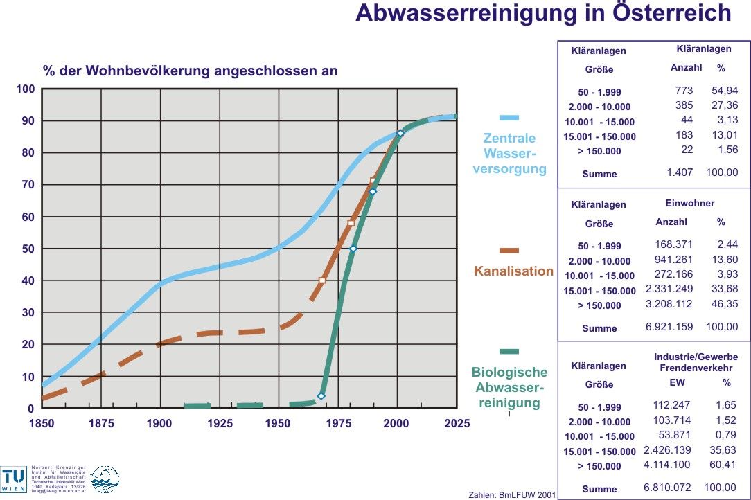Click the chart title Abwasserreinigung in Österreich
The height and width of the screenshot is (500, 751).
(543, 13)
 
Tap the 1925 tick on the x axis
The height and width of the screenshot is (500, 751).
(220, 423)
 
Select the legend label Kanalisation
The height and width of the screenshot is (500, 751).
(513, 271)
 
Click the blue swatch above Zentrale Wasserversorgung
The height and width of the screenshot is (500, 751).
(509, 118)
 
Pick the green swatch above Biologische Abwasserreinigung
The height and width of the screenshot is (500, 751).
(509, 351)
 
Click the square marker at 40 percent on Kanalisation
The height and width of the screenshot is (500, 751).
(322, 280)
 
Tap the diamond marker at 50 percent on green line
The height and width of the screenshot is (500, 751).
(353, 249)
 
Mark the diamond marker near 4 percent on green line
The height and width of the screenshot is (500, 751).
(321, 395)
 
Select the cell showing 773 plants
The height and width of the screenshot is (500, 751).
(683, 91)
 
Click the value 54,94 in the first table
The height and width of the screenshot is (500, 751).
(724, 91)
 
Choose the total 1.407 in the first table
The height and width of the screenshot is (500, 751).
(680, 172)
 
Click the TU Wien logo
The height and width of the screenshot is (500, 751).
(14, 479)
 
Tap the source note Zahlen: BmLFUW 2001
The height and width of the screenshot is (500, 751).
(512, 494)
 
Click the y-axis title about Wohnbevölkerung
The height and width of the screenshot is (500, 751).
(190, 71)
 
